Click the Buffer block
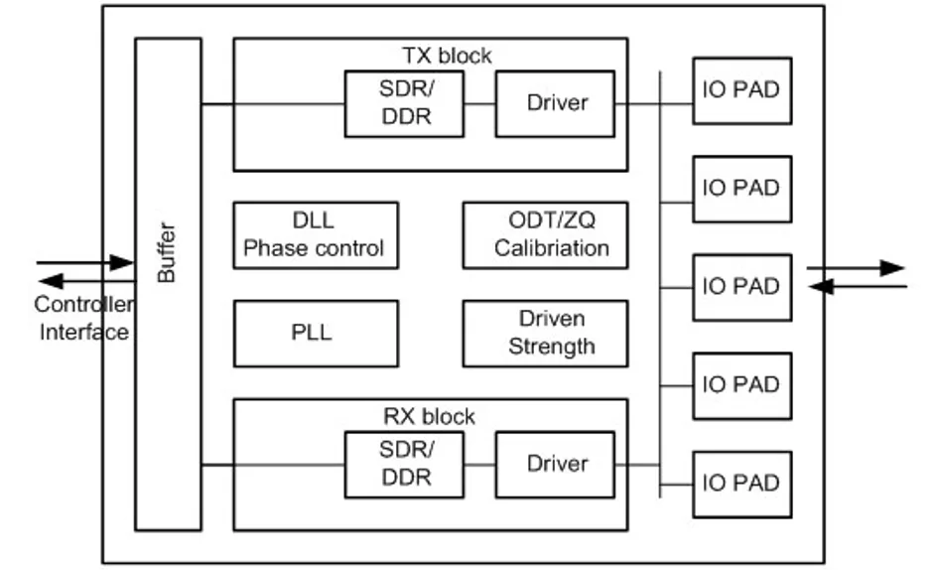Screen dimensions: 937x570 pos(168,284)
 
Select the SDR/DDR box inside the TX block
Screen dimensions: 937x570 pos(404,104)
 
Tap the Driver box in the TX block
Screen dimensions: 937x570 pos(555,104)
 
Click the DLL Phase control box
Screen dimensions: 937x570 pos(316,235)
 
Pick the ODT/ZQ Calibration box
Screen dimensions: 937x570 pos(545,235)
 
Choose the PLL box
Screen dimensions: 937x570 pos(316,333)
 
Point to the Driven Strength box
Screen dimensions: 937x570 pos(545,333)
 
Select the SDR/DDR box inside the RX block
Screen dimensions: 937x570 pos(404,465)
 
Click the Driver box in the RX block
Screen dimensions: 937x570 pos(555,465)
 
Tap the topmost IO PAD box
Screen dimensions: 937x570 pos(742,91)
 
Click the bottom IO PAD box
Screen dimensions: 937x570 pos(742,485)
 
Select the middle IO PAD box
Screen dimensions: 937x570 pos(742,288)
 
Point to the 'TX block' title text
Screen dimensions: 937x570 pos(447,56)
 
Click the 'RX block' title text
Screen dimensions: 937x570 pos(429,416)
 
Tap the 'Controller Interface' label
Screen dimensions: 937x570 pos(84,318)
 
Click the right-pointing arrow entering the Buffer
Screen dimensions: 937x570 pos(85,262)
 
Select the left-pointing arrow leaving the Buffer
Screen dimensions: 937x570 pos(87,280)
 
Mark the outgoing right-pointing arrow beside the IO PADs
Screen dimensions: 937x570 pos(856,268)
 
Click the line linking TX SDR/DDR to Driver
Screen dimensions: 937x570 pos(479,104)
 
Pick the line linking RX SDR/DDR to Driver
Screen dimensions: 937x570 pos(479,465)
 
